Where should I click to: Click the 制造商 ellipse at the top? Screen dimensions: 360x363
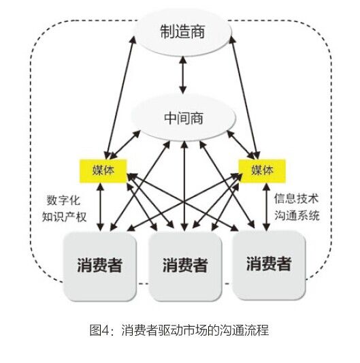(x=183, y=32)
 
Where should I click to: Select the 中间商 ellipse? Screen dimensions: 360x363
(x=184, y=118)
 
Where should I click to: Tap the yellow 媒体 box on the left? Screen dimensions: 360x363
(x=103, y=171)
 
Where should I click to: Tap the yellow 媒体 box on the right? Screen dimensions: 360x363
(x=262, y=171)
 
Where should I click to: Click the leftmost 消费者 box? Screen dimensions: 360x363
(x=99, y=266)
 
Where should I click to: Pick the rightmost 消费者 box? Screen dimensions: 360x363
(x=269, y=265)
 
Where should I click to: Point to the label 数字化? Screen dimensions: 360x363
(x=63, y=200)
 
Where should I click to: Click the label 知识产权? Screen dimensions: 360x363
(x=64, y=217)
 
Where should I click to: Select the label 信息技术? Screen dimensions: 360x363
(x=297, y=199)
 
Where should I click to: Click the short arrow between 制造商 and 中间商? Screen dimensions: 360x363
(x=183, y=75)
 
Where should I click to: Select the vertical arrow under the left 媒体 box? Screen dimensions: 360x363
(x=101, y=207)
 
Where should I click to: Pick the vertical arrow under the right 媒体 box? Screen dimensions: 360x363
(x=267, y=207)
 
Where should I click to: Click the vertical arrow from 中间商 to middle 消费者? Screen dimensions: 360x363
(x=184, y=186)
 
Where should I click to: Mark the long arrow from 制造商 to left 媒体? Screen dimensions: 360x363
(x=120, y=97)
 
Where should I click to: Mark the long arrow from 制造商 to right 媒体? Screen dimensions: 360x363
(x=245, y=97)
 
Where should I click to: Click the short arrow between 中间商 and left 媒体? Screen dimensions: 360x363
(x=125, y=144)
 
